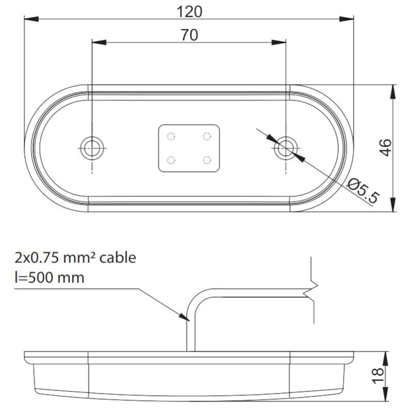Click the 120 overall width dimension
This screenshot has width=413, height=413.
[188, 11]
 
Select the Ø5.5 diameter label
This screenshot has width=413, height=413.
[363, 190]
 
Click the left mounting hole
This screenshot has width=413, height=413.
[92, 146]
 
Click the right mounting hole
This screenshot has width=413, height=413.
[285, 149]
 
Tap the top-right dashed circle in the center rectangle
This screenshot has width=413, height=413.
[206, 137]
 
